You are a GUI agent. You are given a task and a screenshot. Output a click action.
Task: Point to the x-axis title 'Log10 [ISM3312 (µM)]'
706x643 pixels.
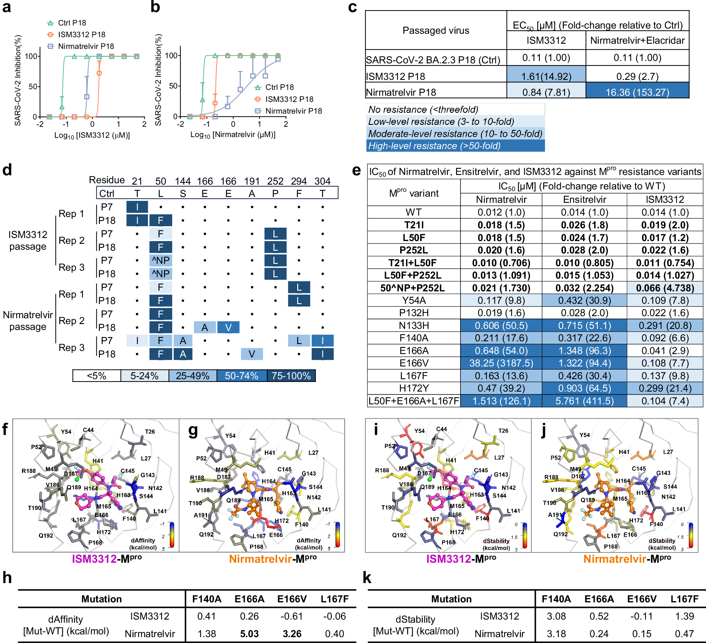click(x=92, y=135)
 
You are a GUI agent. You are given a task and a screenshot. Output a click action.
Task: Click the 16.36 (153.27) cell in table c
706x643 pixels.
click(x=637, y=92)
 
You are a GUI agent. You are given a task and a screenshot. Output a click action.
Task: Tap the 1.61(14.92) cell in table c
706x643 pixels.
click(x=546, y=76)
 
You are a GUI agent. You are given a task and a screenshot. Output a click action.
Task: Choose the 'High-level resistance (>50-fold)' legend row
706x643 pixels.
click(x=434, y=146)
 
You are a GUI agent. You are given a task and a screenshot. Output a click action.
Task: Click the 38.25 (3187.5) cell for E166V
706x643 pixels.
click(x=501, y=363)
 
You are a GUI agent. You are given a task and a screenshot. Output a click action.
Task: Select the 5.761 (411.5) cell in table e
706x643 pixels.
click(x=584, y=401)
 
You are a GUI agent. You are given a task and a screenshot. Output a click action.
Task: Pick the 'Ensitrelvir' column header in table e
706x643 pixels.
click(x=584, y=200)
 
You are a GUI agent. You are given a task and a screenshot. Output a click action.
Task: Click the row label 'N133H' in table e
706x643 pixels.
click(x=414, y=326)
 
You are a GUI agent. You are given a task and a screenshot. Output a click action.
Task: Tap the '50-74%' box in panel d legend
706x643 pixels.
click(x=241, y=376)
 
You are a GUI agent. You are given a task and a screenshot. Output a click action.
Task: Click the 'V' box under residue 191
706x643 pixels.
click(x=252, y=354)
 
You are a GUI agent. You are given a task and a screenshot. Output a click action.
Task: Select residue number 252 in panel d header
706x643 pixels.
click(x=275, y=181)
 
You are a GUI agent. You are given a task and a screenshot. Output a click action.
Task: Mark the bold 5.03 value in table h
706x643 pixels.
click(x=249, y=634)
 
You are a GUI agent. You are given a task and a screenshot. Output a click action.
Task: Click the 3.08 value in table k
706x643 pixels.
click(x=556, y=616)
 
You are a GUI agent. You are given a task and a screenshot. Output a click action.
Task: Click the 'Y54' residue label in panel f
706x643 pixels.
click(x=66, y=432)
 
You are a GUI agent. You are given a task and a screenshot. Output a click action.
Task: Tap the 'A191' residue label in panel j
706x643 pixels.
click(x=554, y=515)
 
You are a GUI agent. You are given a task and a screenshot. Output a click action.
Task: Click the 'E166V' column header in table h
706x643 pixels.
click(x=292, y=599)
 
